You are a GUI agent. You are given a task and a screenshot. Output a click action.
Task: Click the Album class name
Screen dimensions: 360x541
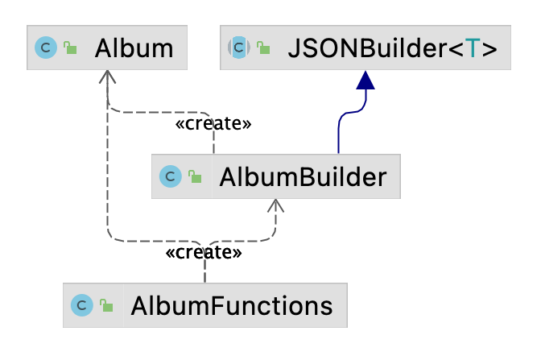pos(134,48)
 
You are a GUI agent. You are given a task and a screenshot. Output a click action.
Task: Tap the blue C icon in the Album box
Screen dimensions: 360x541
pos(46,48)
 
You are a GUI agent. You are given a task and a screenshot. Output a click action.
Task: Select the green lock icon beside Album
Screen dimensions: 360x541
pos(70,49)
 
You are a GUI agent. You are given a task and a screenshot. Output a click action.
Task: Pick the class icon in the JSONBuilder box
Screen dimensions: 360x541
pos(239,48)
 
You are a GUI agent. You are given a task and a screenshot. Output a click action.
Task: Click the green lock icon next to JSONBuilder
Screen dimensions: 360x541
pos(263,49)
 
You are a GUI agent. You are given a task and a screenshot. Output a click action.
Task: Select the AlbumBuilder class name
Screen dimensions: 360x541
pos(302,176)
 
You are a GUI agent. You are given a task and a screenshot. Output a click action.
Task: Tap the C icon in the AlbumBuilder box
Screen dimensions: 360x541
pos(170,176)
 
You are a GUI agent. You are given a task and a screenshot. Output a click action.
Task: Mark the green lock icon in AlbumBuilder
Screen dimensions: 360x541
pos(194,176)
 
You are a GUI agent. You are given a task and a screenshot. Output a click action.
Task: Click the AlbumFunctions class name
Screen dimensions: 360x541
pos(232,305)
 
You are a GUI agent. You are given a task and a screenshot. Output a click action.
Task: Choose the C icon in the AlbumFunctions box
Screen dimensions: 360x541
pos(81,305)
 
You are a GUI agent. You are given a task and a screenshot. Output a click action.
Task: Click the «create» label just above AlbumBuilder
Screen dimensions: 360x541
pos(213,124)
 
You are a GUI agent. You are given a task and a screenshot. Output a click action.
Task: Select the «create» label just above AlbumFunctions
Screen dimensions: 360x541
pos(204,253)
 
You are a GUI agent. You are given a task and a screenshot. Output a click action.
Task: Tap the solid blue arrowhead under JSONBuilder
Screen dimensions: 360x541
pos(366,80)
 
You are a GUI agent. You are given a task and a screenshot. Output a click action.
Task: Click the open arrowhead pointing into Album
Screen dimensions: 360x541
pos(108,77)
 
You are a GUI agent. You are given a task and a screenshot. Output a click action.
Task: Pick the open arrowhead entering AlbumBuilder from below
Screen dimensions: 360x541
pos(276,206)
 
